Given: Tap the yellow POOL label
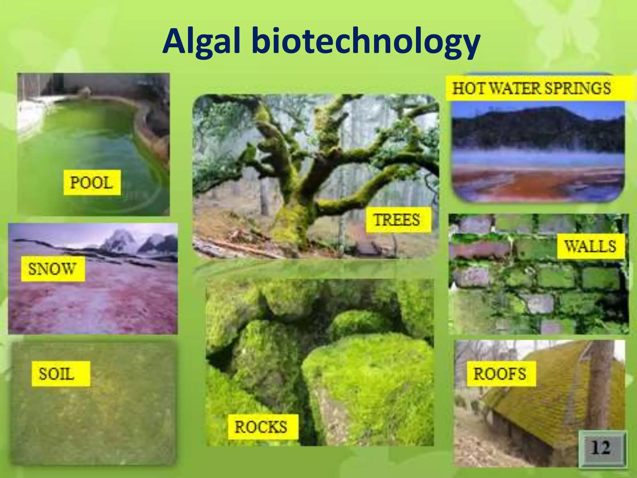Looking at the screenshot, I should pyautogui.click(x=92, y=183).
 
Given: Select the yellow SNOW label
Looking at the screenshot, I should pyautogui.click(x=53, y=269).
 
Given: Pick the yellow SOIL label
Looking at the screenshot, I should pyautogui.click(x=61, y=374).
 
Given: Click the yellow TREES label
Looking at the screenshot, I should pyautogui.click(x=398, y=220).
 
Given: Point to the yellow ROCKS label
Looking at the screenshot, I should pyautogui.click(x=262, y=427).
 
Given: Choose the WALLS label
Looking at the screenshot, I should pyautogui.click(x=590, y=246).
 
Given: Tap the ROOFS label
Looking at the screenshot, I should pyautogui.click(x=500, y=374).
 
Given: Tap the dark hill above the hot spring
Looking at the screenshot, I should pyautogui.click(x=538, y=124).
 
